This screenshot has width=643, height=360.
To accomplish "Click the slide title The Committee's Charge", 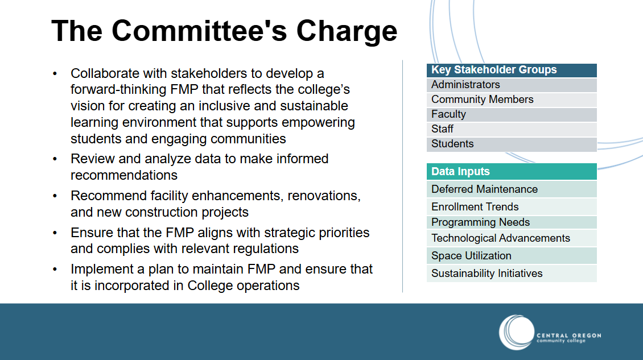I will [x=224, y=30].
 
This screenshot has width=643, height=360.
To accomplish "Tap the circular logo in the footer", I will [x=516, y=332].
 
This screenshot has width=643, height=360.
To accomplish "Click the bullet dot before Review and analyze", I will [x=55, y=159].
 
